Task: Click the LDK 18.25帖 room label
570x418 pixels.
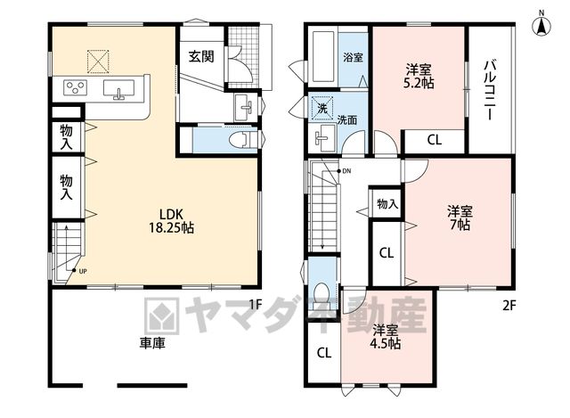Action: click(171, 221)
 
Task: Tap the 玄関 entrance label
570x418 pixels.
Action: click(201, 56)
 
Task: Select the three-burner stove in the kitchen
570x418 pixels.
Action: click(76, 87)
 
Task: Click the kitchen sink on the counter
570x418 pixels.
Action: click(118, 89)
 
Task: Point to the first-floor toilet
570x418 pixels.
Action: click(245, 139)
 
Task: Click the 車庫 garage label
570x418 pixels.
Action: click(152, 343)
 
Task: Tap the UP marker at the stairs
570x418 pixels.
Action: click(79, 271)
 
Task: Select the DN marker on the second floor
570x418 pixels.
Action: click(344, 171)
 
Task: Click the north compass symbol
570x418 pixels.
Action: click(541, 25)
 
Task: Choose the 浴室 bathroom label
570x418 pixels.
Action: click(354, 57)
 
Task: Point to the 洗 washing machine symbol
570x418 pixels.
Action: click(322, 108)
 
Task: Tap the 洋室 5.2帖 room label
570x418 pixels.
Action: click(419, 76)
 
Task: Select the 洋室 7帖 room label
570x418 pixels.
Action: click(460, 217)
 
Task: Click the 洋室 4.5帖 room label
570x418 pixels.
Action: click(386, 337)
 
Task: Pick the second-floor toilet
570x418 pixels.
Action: click(321, 291)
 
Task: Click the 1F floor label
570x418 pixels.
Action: click(256, 305)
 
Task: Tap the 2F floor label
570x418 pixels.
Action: click(509, 306)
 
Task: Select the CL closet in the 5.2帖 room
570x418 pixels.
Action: click(434, 140)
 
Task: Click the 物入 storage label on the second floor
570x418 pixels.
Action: click(387, 204)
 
